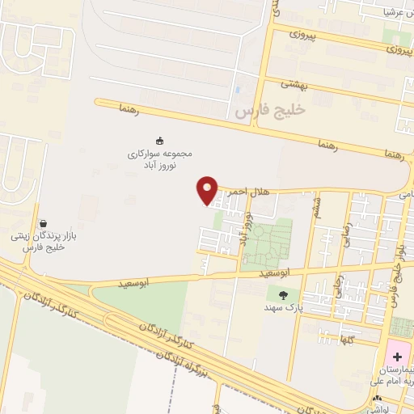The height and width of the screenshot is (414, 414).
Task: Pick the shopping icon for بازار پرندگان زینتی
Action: tap(42, 223)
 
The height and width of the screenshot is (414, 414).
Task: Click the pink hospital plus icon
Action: tap(397, 357)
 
